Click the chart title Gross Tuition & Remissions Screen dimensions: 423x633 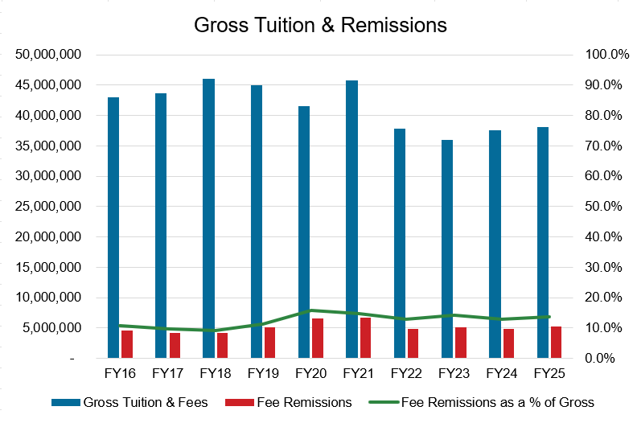coord(320,25)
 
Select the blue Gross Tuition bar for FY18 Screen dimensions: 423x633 coord(208,218)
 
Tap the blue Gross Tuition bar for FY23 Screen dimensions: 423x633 coord(446,248)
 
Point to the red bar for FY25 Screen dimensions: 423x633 coord(556,342)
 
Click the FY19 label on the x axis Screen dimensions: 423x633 coord(262,375)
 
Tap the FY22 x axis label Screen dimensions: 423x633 coord(405,375)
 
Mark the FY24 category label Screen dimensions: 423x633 coord(501,375)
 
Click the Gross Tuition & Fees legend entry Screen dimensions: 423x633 coord(128,401)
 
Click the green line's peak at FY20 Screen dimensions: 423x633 coord(310,310)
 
